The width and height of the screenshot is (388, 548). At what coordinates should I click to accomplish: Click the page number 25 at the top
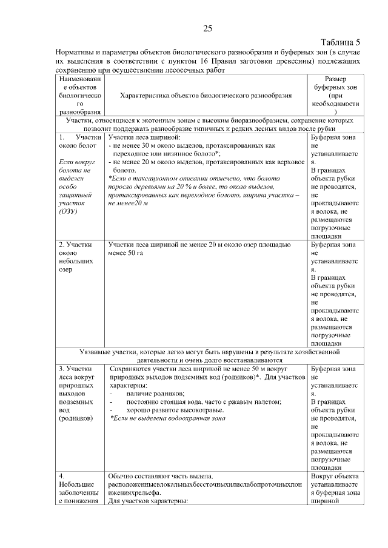pyautogui.click(x=207, y=28)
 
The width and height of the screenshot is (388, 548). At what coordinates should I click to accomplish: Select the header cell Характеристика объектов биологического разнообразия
pyautogui.click(x=206, y=96)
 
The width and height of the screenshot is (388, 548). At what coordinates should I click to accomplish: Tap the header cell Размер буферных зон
pyautogui.click(x=335, y=96)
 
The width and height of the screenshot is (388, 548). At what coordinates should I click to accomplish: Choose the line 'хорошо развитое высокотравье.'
pyautogui.click(x=175, y=410)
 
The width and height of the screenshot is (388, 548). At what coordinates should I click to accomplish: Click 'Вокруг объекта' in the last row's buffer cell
pyautogui.click(x=335, y=476)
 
